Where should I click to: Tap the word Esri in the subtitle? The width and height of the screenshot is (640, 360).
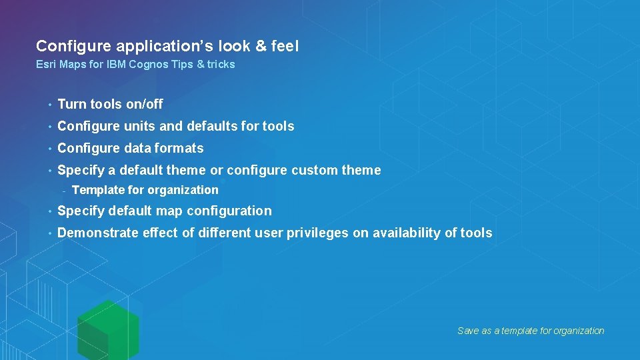[45, 65]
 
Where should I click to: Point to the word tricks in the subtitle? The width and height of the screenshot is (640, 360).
[221, 65]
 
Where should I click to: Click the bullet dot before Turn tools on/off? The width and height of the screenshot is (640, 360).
[49, 105]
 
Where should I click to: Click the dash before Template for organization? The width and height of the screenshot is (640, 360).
[63, 191]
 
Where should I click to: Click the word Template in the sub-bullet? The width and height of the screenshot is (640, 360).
[97, 190]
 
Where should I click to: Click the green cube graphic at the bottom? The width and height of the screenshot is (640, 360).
[107, 329]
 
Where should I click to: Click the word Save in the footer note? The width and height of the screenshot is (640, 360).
[468, 331]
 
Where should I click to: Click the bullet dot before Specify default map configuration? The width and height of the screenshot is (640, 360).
[49, 211]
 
